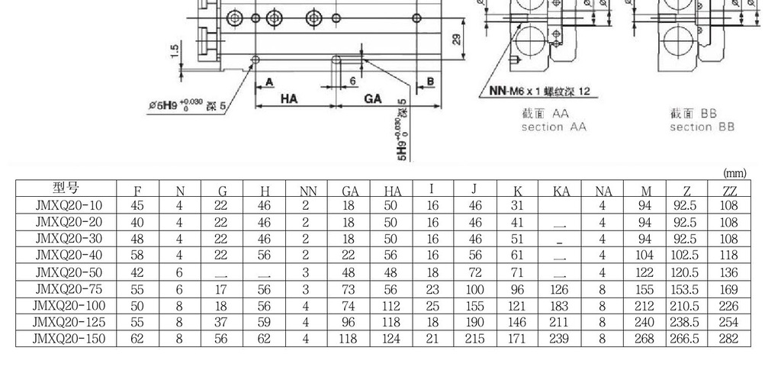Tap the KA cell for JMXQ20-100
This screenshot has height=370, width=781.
coord(561,306)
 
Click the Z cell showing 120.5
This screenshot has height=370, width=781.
coord(684,272)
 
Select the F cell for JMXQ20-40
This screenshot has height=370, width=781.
coord(137,256)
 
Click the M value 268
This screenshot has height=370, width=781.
coord(645,339)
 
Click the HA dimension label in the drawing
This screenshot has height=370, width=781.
coord(289,98)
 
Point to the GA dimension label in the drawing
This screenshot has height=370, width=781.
coord(372,98)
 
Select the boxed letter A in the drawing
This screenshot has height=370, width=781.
coord(269,82)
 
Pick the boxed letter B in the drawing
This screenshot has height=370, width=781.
coord(430,82)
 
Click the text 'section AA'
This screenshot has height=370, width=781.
coord(553,127)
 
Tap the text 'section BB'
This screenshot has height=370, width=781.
coord(702,127)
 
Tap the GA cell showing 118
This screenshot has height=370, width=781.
coord(349,339)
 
